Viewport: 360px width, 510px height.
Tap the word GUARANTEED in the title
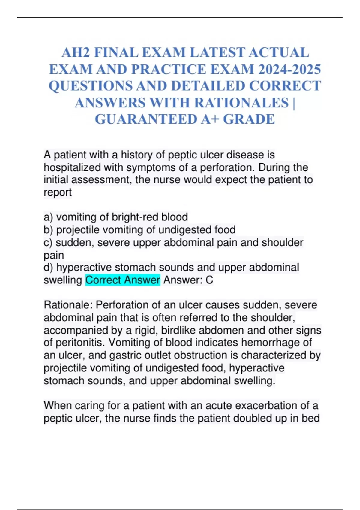point(145,119)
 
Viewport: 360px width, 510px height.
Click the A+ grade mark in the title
point(210,119)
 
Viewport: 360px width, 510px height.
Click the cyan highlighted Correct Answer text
point(123,280)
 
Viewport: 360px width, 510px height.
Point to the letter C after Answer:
point(209,280)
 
